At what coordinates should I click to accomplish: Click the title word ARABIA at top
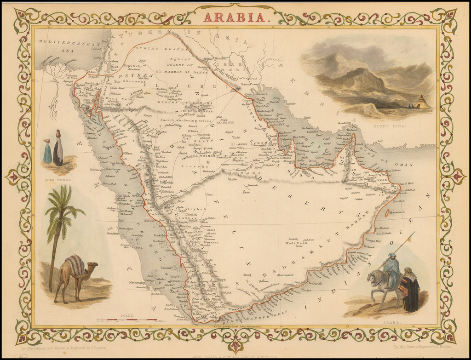coord(235,17)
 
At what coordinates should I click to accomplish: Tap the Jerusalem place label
coord(111,61)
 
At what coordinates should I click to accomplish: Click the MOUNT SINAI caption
coord(385,125)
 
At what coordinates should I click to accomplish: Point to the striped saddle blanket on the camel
coord(75,265)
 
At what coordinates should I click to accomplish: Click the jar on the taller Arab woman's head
coord(58,133)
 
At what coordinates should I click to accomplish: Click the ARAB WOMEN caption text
coord(57,180)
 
